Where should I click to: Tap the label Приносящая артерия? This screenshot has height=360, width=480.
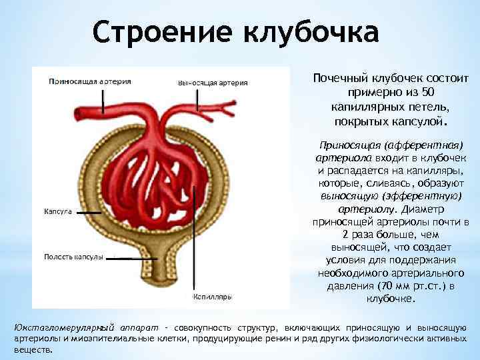click(89, 81)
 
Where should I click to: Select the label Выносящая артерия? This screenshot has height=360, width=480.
click(213, 83)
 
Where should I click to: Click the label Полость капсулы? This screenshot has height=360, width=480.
click(73, 257)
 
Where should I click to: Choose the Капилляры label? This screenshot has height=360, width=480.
click(212, 297)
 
